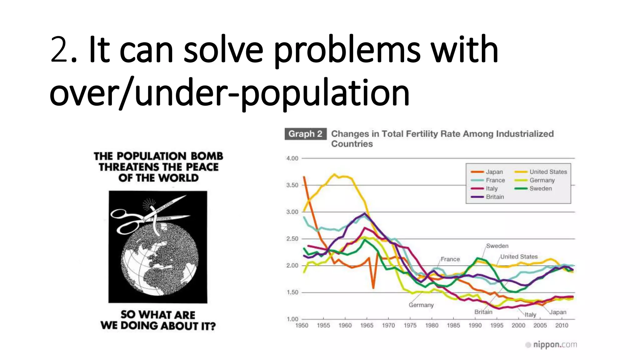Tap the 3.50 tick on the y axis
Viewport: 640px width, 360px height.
pos(292,185)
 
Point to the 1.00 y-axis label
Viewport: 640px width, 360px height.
pos(292,319)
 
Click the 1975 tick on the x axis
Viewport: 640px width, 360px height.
pos(410,325)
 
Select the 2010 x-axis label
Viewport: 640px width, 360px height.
pos(562,325)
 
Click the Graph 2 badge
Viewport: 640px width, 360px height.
pos(305,134)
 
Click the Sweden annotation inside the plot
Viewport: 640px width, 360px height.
pos(497,246)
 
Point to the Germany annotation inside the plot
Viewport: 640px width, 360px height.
pos(421,305)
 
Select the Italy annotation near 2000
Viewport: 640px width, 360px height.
pos(530,314)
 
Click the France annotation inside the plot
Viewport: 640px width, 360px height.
pos(450,259)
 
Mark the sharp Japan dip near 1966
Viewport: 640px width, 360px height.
pos(373,287)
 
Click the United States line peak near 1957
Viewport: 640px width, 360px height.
pos(335,175)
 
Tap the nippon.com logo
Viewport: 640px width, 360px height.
pos(552,345)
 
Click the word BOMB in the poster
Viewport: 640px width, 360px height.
pos(207,156)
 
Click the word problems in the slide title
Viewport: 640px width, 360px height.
pos(347,50)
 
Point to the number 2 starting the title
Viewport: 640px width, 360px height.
pos(59,50)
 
